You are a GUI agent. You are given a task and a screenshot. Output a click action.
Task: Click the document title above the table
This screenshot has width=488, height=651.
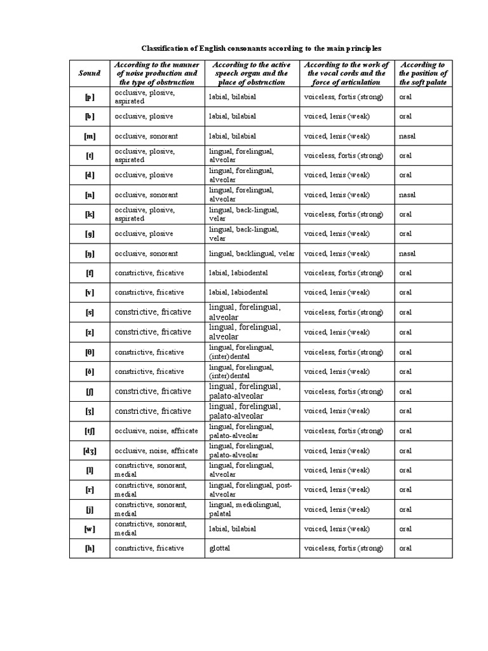tap(261, 48)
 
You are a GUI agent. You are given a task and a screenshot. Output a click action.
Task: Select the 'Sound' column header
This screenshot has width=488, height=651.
tap(90, 73)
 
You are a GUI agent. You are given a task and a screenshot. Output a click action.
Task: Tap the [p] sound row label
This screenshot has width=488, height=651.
tap(90, 97)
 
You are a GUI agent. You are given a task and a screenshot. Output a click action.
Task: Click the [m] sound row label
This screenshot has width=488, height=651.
tap(90, 136)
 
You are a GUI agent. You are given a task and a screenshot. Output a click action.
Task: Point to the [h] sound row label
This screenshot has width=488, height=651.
tap(90, 548)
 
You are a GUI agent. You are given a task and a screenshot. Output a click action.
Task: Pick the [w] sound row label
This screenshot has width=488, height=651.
tap(90, 528)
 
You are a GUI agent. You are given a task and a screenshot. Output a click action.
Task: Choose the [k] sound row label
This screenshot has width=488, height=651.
tap(90, 214)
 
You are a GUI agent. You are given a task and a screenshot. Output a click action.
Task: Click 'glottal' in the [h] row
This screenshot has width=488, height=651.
tap(219, 548)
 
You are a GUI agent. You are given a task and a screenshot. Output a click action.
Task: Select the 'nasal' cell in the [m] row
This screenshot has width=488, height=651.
tap(407, 136)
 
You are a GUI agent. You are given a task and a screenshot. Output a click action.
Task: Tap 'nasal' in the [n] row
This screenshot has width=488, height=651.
tap(407, 195)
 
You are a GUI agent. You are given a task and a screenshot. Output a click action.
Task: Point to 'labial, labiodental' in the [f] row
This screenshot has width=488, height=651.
tap(238, 273)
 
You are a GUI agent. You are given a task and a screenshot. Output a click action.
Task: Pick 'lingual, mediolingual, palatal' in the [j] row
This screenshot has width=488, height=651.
tap(245, 509)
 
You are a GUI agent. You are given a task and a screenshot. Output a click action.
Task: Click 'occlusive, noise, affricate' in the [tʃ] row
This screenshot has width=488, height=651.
tap(156, 431)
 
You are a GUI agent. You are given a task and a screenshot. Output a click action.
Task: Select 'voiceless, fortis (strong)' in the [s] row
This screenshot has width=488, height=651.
tap(344, 313)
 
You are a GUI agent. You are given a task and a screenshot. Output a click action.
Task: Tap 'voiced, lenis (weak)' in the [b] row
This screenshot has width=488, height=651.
tap(337, 117)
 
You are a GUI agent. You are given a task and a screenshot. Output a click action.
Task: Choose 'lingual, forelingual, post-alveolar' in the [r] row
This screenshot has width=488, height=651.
tap(250, 490)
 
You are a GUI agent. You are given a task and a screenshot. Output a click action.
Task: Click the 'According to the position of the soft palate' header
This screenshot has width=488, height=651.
tap(423, 73)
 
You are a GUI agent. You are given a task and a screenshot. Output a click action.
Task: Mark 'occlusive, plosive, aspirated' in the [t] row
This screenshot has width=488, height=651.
tap(145, 156)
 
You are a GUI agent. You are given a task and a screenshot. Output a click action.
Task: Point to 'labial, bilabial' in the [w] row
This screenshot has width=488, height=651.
tap(233, 528)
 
